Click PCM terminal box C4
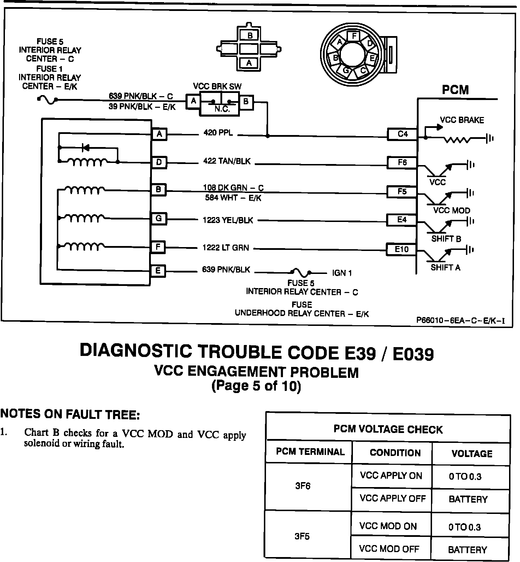pos(402,134)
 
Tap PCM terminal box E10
pos(401,249)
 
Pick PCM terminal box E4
pos(402,220)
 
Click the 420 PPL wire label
pos(218,133)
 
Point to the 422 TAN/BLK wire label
pos(226,161)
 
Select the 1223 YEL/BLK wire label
pos(227,220)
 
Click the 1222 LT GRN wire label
pos(225,248)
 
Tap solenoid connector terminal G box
pos(159,218)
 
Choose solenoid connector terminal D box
pos(159,162)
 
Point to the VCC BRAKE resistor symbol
pos(457,140)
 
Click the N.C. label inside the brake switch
pos(222,110)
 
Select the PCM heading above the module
pos(455,90)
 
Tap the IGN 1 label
pos(342,273)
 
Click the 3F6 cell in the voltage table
pos(303,486)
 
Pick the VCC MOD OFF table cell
pos(389,549)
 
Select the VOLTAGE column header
pos(472,453)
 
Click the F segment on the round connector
pos(354,36)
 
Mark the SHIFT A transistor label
pos(445,268)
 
